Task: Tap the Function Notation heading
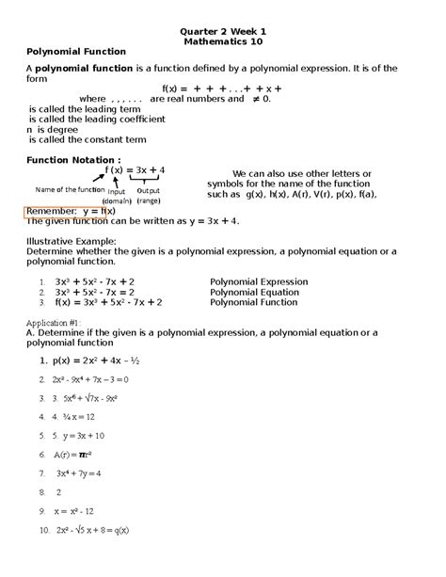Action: point(73,160)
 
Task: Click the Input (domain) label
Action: point(117,197)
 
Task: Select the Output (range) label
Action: point(149,197)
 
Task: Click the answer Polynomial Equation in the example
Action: point(255,292)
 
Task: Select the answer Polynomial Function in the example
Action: point(254,303)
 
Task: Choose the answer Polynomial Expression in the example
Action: point(259,281)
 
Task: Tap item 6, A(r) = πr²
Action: point(74,454)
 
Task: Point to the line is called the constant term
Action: point(74,139)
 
